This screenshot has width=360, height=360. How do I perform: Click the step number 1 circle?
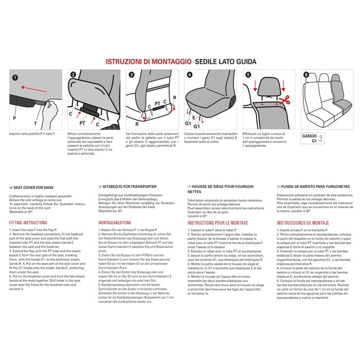(14, 78)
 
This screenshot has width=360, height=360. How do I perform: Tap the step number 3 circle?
(132, 75)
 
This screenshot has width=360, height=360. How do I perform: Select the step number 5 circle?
(248, 75)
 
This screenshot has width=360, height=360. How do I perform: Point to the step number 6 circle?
(307, 75)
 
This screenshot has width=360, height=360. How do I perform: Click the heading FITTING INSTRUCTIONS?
(28, 223)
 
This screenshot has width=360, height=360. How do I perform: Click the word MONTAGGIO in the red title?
(164, 61)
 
